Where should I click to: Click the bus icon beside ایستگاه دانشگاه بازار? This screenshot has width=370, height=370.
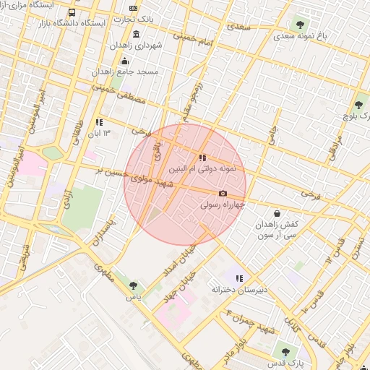click(71, 13)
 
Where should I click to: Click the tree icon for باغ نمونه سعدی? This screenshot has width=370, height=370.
click(300, 25)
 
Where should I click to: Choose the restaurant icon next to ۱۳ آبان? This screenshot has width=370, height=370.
click(98, 122)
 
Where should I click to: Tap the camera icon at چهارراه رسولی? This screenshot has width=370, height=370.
click(223, 193)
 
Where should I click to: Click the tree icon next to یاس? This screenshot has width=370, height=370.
click(134, 285)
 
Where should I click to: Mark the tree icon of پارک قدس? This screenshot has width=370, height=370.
click(285, 352)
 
